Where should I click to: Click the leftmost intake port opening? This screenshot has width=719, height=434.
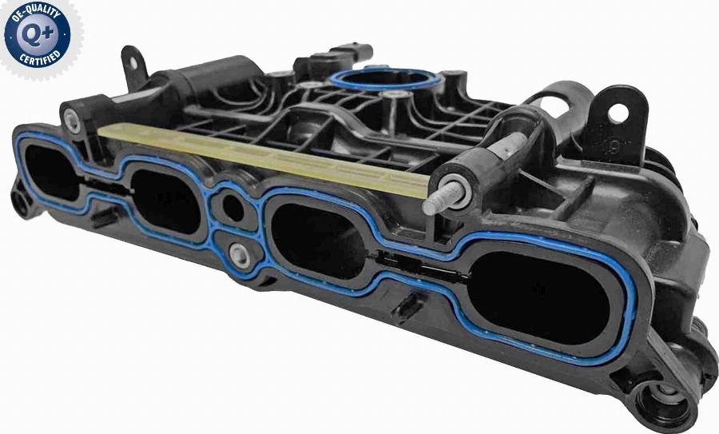click(x=50, y=173)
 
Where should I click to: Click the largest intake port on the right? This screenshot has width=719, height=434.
click(x=538, y=298)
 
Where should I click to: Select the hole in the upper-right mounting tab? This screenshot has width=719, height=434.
click(x=618, y=113)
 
